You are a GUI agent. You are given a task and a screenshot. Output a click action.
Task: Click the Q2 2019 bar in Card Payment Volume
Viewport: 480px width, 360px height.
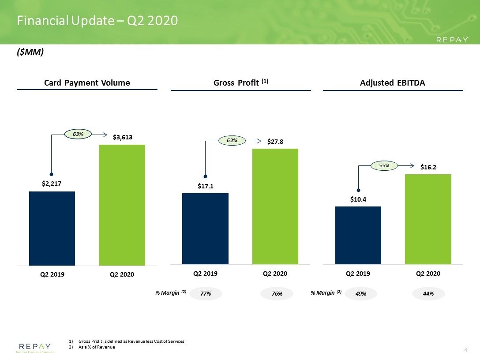pos(52,229)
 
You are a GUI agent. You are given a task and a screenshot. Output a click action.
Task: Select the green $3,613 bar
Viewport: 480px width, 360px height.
pos(122,205)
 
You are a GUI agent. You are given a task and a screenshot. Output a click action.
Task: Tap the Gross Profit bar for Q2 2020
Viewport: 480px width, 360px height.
pos(275,206)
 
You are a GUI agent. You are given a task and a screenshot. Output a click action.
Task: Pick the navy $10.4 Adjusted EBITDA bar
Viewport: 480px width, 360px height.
pos(358,236)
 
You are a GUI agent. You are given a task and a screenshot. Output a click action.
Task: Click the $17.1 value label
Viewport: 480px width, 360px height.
pos(206,186)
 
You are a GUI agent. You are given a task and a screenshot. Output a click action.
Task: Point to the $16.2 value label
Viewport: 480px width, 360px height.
pos(428,167)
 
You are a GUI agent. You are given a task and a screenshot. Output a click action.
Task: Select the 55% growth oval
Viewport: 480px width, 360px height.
pos(384,165)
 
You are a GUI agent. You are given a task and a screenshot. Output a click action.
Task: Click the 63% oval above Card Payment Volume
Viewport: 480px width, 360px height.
pos(78,134)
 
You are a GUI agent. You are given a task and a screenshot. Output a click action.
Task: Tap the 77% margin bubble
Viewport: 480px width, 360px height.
pos(206,293)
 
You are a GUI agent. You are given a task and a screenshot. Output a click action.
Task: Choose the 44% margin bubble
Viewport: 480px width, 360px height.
pos(428,293)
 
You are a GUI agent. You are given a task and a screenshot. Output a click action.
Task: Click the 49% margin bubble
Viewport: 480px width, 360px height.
pos(361,293)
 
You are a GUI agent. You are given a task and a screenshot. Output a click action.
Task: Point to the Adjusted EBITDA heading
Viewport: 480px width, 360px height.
pos(393,83)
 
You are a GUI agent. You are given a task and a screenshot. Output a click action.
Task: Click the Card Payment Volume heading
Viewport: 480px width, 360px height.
pos(87,83)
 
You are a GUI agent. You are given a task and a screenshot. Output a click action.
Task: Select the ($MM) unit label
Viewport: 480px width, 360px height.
pos(30,52)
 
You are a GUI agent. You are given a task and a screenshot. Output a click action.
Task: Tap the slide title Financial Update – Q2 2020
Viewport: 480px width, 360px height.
pos(97,21)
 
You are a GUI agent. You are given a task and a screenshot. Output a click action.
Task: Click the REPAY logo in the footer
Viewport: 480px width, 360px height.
pos(35,348)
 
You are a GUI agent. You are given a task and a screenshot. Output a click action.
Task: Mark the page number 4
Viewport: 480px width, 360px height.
pos(465,350)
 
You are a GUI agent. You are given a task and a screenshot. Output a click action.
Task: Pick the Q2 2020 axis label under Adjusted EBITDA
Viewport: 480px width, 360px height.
pos(428,274)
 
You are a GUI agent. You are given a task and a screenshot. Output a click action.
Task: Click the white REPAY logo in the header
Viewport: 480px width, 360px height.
pos(452,40)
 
